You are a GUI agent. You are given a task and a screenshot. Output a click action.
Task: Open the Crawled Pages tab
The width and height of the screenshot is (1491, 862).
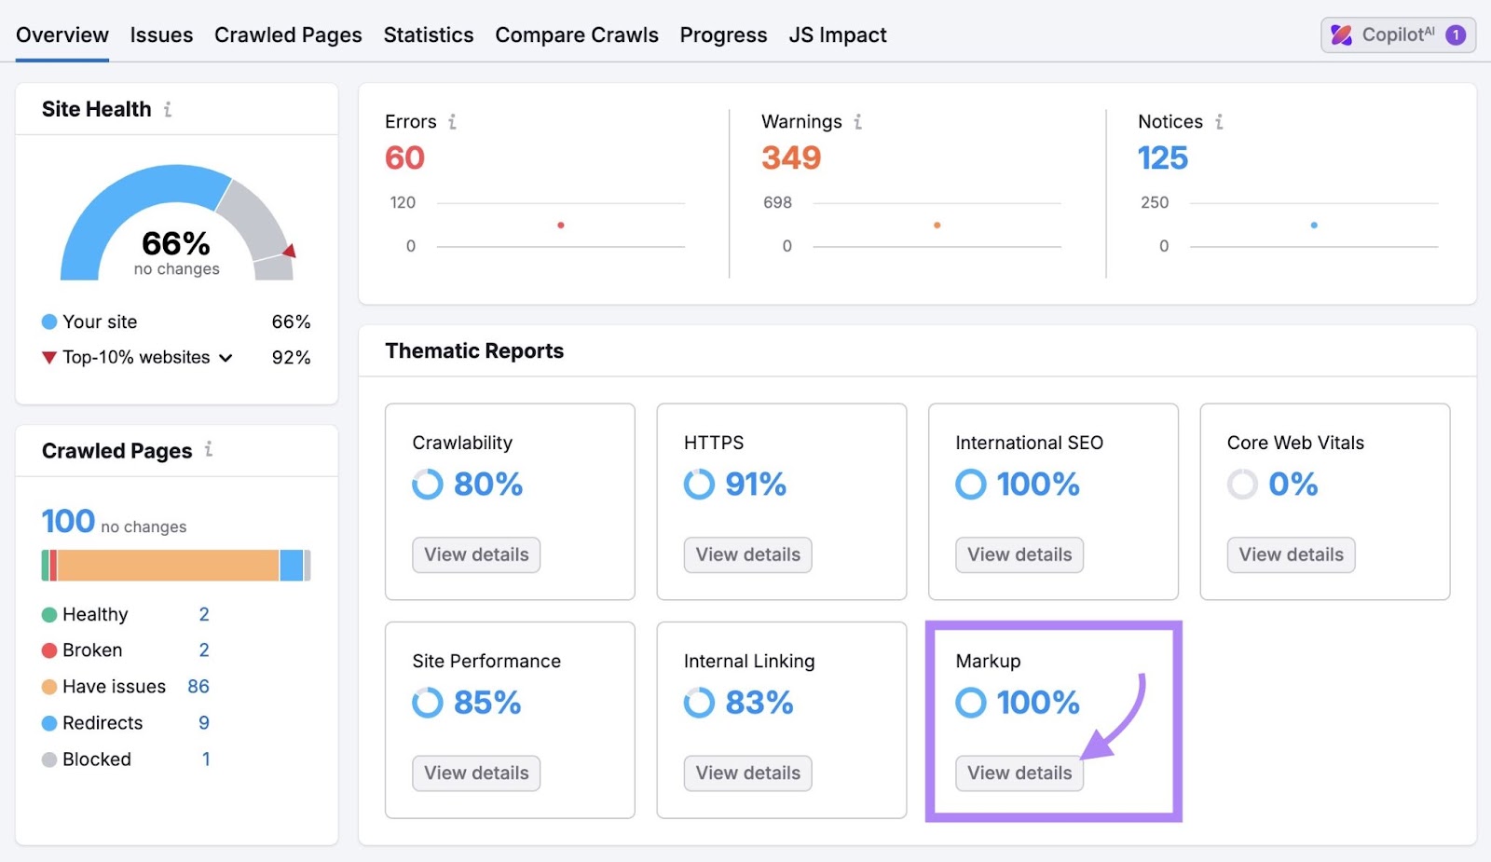pyautogui.click(x=288, y=35)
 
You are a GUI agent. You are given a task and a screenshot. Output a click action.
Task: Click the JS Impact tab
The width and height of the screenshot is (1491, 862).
pyautogui.click(x=837, y=35)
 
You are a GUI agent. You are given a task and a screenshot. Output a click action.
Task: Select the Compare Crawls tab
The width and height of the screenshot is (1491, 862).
pyautogui.click(x=577, y=35)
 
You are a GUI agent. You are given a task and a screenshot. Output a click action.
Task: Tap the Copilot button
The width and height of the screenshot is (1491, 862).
pyautogui.click(x=1397, y=35)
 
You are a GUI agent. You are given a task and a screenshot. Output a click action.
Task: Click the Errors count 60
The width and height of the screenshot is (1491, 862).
pyautogui.click(x=404, y=158)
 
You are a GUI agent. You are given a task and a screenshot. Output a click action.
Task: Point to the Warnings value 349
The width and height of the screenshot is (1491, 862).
pyautogui.click(x=791, y=158)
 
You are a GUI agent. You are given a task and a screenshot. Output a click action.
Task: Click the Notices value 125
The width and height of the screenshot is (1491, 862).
pyautogui.click(x=1163, y=158)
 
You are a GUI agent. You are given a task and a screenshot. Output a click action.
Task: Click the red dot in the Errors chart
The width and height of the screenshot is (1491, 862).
pyautogui.click(x=561, y=226)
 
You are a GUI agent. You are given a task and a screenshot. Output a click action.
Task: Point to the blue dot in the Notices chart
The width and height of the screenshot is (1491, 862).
pyautogui.click(x=1314, y=226)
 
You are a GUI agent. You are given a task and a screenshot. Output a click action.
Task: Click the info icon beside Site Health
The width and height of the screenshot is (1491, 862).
pyautogui.click(x=168, y=110)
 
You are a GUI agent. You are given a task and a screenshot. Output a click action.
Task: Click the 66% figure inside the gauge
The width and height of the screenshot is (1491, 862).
pyautogui.click(x=176, y=244)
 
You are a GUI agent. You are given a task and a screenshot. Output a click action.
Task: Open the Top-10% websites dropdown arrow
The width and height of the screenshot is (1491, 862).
pyautogui.click(x=226, y=358)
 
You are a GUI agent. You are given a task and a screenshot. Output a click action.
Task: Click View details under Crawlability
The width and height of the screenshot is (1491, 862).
pyautogui.click(x=476, y=555)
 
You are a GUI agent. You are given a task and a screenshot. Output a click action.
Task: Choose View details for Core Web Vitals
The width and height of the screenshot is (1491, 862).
pyautogui.click(x=1291, y=555)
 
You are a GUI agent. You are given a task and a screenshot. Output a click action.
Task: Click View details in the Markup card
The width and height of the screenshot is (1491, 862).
pyautogui.click(x=1019, y=773)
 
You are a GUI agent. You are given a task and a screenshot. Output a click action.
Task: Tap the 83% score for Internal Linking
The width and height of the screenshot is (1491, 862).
pyautogui.click(x=759, y=703)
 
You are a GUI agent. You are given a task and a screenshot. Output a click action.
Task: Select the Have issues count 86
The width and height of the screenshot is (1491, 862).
pyautogui.click(x=198, y=687)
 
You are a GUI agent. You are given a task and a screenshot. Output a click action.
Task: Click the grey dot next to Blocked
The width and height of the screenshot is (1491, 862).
pyautogui.click(x=49, y=760)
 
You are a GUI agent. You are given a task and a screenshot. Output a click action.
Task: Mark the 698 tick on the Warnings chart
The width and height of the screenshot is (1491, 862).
pyautogui.click(x=777, y=203)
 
